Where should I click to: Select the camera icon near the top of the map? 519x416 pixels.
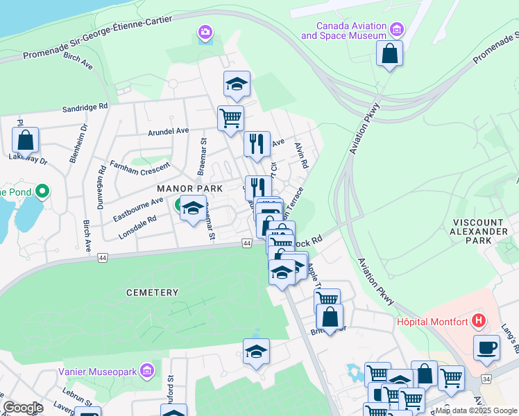tap(205, 33)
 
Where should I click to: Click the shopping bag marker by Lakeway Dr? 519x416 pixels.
tap(25, 140)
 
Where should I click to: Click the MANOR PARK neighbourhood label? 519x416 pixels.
tap(189, 189)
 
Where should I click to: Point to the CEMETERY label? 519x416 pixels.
tap(152, 293)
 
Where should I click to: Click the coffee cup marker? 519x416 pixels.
tap(486, 347)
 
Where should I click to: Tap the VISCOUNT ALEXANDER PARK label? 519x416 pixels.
tap(481, 231)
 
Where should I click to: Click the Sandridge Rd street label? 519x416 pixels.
tap(85, 107)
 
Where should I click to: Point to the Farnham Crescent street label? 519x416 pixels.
tap(140, 167)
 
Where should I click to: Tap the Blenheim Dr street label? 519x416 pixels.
tap(78, 144)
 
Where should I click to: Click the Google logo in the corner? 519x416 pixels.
tap(23, 407)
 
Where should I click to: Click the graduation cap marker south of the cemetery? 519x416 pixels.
tap(256, 352)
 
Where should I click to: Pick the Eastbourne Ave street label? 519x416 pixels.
tap(138, 210)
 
